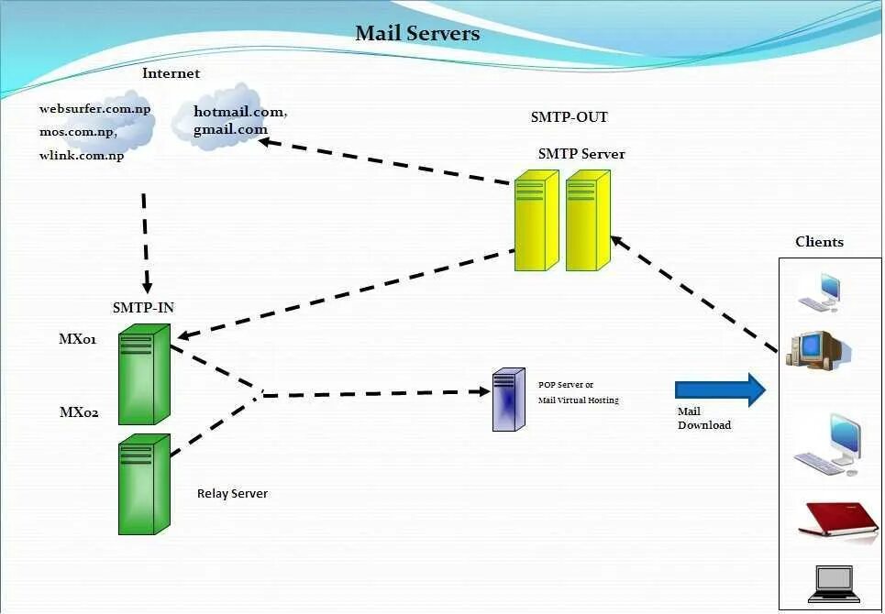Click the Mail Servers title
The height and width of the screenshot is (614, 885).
tap(417, 33)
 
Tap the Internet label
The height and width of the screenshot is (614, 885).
tap(171, 73)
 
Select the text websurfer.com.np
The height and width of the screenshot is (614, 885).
tap(94, 109)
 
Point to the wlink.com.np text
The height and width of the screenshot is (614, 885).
tap(82, 156)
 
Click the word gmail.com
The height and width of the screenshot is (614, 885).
tap(230, 130)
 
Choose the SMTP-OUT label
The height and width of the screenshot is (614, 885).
tap(570, 117)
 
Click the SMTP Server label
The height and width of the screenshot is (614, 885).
tap(581, 154)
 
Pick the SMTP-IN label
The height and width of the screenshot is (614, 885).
tap(143, 308)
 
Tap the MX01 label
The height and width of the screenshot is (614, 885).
tap(78, 339)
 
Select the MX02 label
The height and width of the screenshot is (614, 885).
tap(79, 412)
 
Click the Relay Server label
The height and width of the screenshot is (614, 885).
tap(233, 493)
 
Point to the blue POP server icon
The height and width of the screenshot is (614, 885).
tap(509, 400)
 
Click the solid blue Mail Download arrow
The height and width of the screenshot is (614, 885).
tap(720, 389)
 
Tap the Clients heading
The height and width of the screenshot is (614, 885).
tap(820, 242)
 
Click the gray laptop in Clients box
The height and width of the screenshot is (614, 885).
tap(835, 584)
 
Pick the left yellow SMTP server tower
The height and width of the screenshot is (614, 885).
tap(537, 221)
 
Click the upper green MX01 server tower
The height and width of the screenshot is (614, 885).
tap(144, 375)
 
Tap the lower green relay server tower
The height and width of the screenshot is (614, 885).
tap(144, 484)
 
